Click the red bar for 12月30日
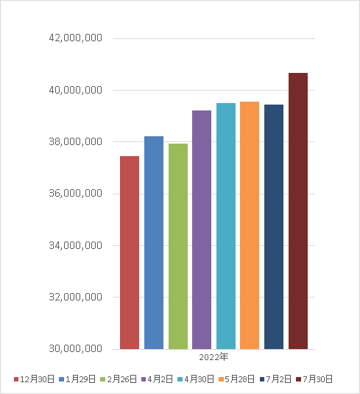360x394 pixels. coord(130,253)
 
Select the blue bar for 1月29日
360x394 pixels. coord(154,243)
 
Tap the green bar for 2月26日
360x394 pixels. coord(178,246)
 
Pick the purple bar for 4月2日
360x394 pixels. coord(202,230)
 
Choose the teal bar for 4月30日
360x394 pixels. coord(226,226)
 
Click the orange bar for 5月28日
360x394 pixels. coord(250,225)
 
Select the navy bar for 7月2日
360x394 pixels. coord(274,227)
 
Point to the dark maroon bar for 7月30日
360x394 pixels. coord(298,211)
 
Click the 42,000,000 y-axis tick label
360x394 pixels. coord(76,38)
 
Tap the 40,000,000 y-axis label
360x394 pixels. coord(76,90)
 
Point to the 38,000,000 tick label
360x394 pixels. coord(76,141)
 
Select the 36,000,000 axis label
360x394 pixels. coord(76,193)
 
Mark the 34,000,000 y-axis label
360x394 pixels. coord(76,245)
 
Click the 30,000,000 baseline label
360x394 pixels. coord(76,348)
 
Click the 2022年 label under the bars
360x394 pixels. coord(213,357)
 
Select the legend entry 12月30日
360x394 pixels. coord(34,379)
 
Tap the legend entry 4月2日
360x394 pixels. coord(158,379)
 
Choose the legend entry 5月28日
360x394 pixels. coord(236,379)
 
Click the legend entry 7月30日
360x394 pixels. coord(314,379)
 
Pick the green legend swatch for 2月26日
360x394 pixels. coord(103,379)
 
